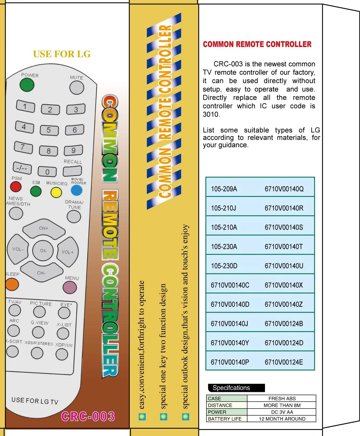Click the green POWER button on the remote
tap(27, 85)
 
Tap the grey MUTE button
tap(76, 88)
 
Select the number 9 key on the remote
tap(73, 151)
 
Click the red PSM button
tap(16, 186)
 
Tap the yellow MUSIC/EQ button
tap(56, 192)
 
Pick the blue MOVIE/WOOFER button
tap(76, 190)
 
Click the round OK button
tap(43, 250)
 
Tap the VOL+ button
tap(68, 252)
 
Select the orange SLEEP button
tap(12, 284)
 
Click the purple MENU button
tap(70, 287)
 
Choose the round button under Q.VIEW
tap(38, 332)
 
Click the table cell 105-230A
tap(224, 247)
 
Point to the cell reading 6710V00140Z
tap(284, 304)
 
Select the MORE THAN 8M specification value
tap(282, 405)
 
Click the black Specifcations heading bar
tap(236, 388)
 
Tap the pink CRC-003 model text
tap(88, 416)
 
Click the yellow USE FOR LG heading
tap(62, 54)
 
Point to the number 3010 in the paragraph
tap(211, 114)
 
